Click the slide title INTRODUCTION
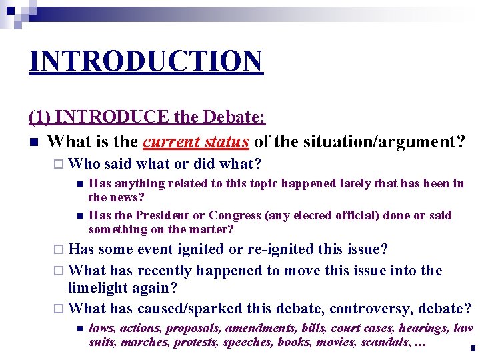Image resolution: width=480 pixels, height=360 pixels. tap(146, 62)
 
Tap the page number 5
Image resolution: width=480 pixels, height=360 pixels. tap(472, 348)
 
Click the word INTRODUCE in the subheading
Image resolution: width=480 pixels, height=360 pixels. tap(113, 117)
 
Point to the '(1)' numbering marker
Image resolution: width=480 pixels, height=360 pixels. tap(40, 117)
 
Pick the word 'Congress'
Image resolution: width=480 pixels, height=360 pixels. tap(234, 215)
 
